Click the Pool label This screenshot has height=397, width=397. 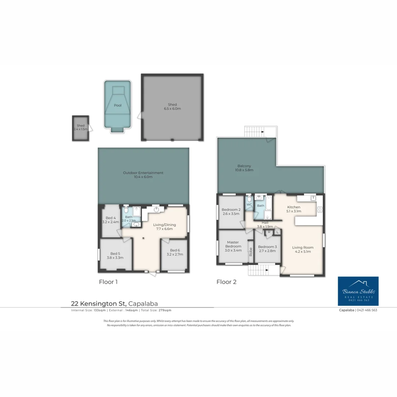click(117, 105)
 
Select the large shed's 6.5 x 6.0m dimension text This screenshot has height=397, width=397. click(172, 109)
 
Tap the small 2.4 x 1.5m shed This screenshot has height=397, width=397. click(81, 128)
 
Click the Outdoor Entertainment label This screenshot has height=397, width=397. click(143, 173)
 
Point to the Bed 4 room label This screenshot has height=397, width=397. click(110, 218)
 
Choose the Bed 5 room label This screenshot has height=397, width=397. click(115, 254)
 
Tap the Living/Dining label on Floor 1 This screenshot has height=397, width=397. click(164, 225)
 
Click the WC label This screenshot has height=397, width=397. click(249, 205)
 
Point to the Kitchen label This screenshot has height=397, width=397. click(294, 207)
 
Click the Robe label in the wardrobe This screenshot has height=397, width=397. click(251, 252)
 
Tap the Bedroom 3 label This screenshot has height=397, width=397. click(267, 247)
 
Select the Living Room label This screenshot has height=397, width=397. click(303, 247)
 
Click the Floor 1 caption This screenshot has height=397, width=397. click(108, 282)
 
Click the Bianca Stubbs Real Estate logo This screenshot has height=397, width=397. click(358, 291)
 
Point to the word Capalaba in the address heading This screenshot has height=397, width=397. click(143, 304)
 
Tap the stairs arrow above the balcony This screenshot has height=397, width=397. click(262, 131)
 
